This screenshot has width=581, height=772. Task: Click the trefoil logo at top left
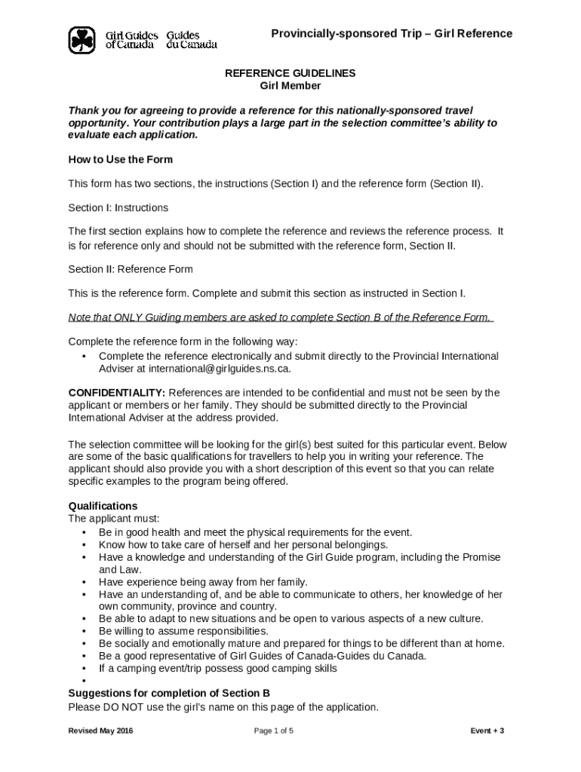pos(81,40)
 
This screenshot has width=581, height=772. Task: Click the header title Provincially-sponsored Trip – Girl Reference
pos(392,34)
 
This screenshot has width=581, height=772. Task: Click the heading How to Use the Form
pos(121,160)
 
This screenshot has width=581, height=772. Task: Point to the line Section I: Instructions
pos(118,208)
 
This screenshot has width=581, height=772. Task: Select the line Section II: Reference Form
pos(131,269)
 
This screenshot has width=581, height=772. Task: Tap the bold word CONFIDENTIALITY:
pos(117,393)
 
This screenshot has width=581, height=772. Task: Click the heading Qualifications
pos(103,506)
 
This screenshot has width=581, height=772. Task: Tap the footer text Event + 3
pos(487,731)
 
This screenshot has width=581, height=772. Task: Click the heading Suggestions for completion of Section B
pos(169,694)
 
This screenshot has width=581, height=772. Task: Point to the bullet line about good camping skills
pos(218,668)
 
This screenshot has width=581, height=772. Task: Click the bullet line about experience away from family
pos(203,582)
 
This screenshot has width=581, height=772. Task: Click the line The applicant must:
pos(114,519)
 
